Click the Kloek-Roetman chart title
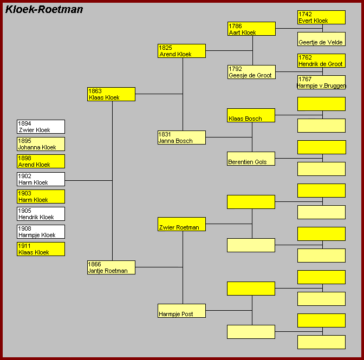click(44, 10)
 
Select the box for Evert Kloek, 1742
click(321, 17)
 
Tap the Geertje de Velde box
click(321, 39)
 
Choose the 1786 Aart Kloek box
click(251, 29)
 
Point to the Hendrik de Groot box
click(321, 61)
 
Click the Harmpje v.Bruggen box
click(321, 82)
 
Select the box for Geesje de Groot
click(251, 72)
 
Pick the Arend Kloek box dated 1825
click(181, 51)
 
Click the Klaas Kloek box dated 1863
click(111, 94)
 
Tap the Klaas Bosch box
click(251, 115)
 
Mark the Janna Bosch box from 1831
click(181, 138)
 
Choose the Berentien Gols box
click(251, 159)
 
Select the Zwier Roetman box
click(181, 224)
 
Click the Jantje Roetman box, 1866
click(111, 267)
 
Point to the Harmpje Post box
click(181, 311)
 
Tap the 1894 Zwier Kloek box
click(41, 127)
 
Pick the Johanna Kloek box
click(41, 144)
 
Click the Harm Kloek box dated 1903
click(41, 197)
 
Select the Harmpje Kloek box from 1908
click(41, 232)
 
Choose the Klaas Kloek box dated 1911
click(41, 249)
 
